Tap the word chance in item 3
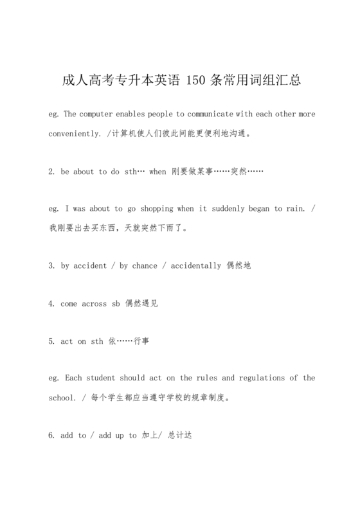145,266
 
